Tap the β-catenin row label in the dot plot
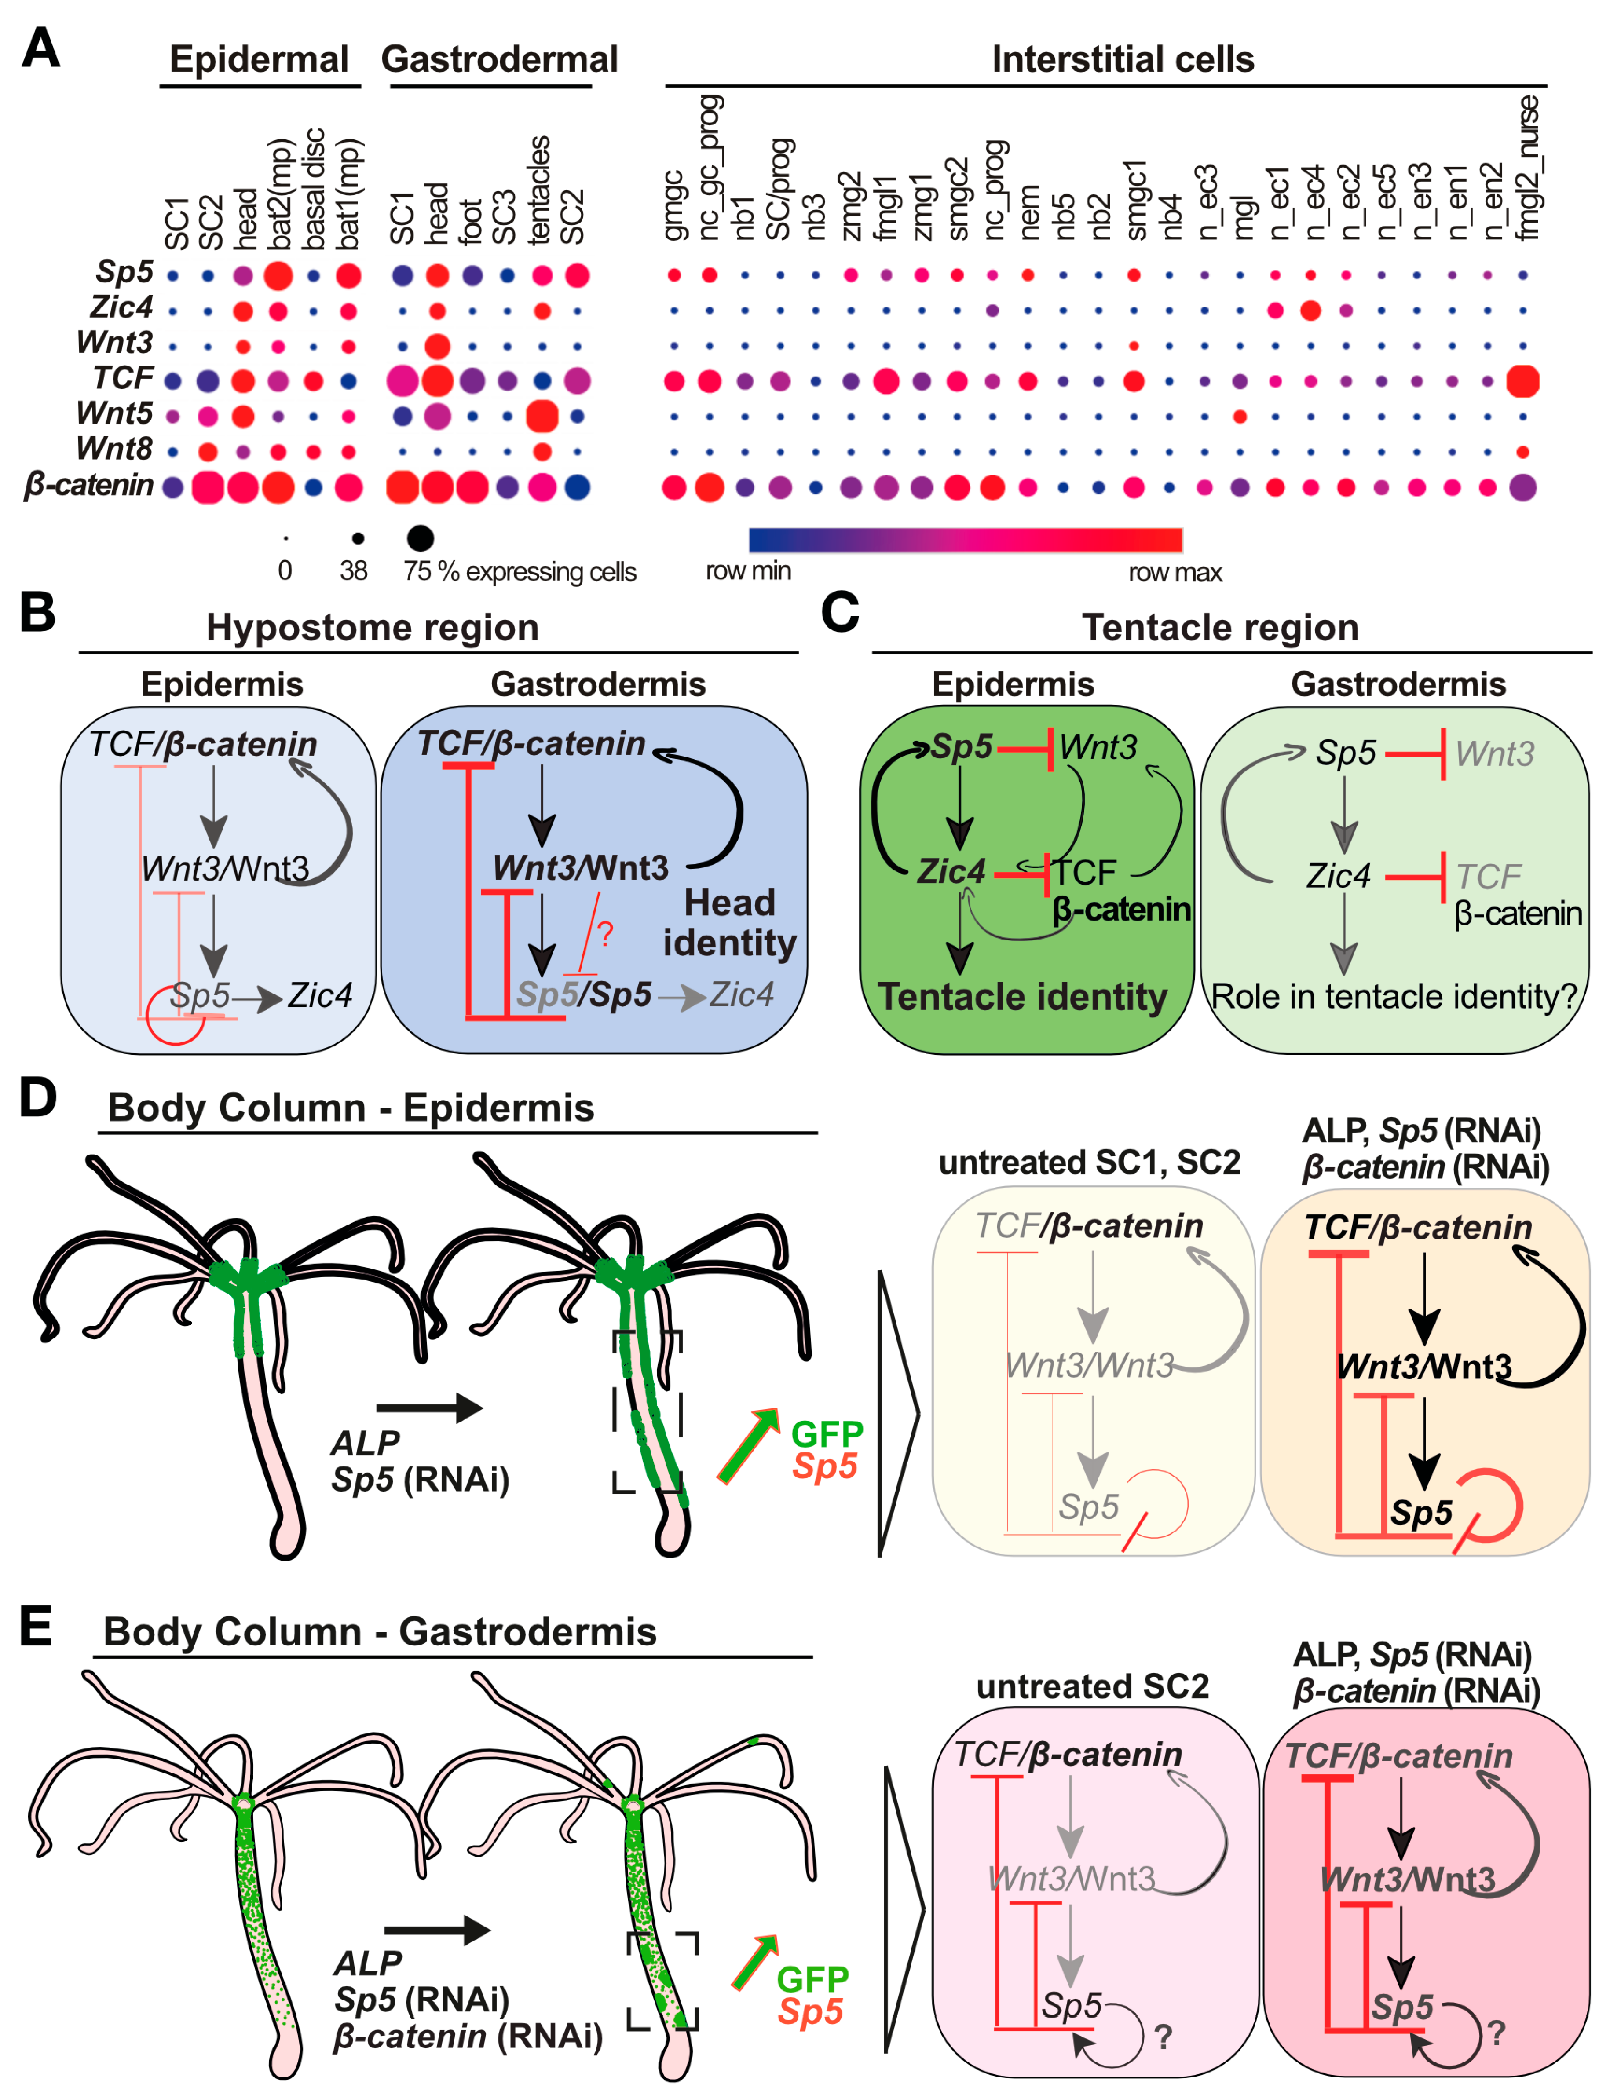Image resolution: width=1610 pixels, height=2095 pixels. click(88, 485)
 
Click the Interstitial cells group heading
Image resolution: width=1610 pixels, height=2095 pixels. click(1122, 59)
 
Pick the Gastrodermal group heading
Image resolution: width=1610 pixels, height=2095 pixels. click(499, 59)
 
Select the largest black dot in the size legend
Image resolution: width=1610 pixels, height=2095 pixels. click(420, 537)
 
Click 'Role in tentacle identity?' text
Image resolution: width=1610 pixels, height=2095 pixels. click(1394, 997)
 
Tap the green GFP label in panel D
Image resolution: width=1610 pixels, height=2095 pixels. click(826, 1434)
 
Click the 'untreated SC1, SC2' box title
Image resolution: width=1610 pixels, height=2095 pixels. click(1089, 1163)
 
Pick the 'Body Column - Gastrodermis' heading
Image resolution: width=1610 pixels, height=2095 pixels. click(380, 1631)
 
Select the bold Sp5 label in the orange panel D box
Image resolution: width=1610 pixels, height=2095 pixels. click(1421, 1513)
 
